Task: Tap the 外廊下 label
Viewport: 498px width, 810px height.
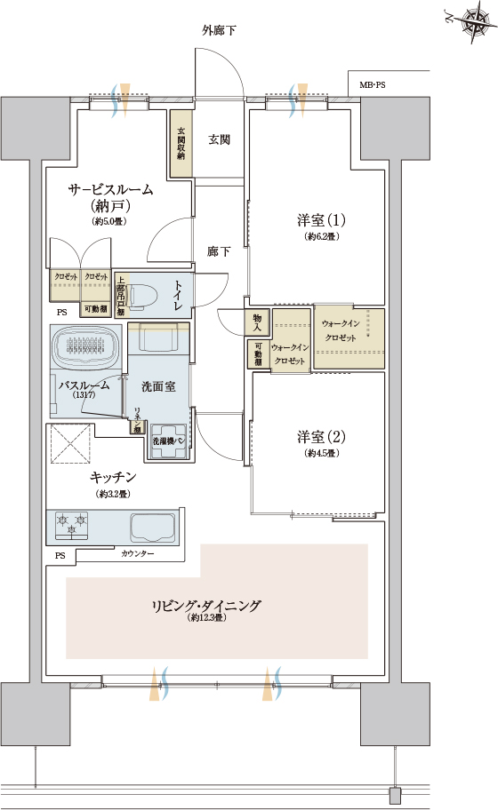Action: click(218, 31)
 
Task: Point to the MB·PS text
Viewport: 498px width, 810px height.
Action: click(373, 85)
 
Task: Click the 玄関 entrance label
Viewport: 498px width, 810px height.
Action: click(220, 139)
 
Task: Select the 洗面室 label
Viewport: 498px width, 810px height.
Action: click(158, 386)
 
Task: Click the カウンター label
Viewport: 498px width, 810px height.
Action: click(137, 554)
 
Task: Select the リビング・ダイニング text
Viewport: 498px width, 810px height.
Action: click(205, 606)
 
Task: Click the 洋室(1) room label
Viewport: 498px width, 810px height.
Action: click(321, 219)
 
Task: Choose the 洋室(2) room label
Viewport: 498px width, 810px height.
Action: click(321, 437)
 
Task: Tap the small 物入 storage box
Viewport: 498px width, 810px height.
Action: click(257, 321)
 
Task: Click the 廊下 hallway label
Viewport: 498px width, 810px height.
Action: click(219, 251)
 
